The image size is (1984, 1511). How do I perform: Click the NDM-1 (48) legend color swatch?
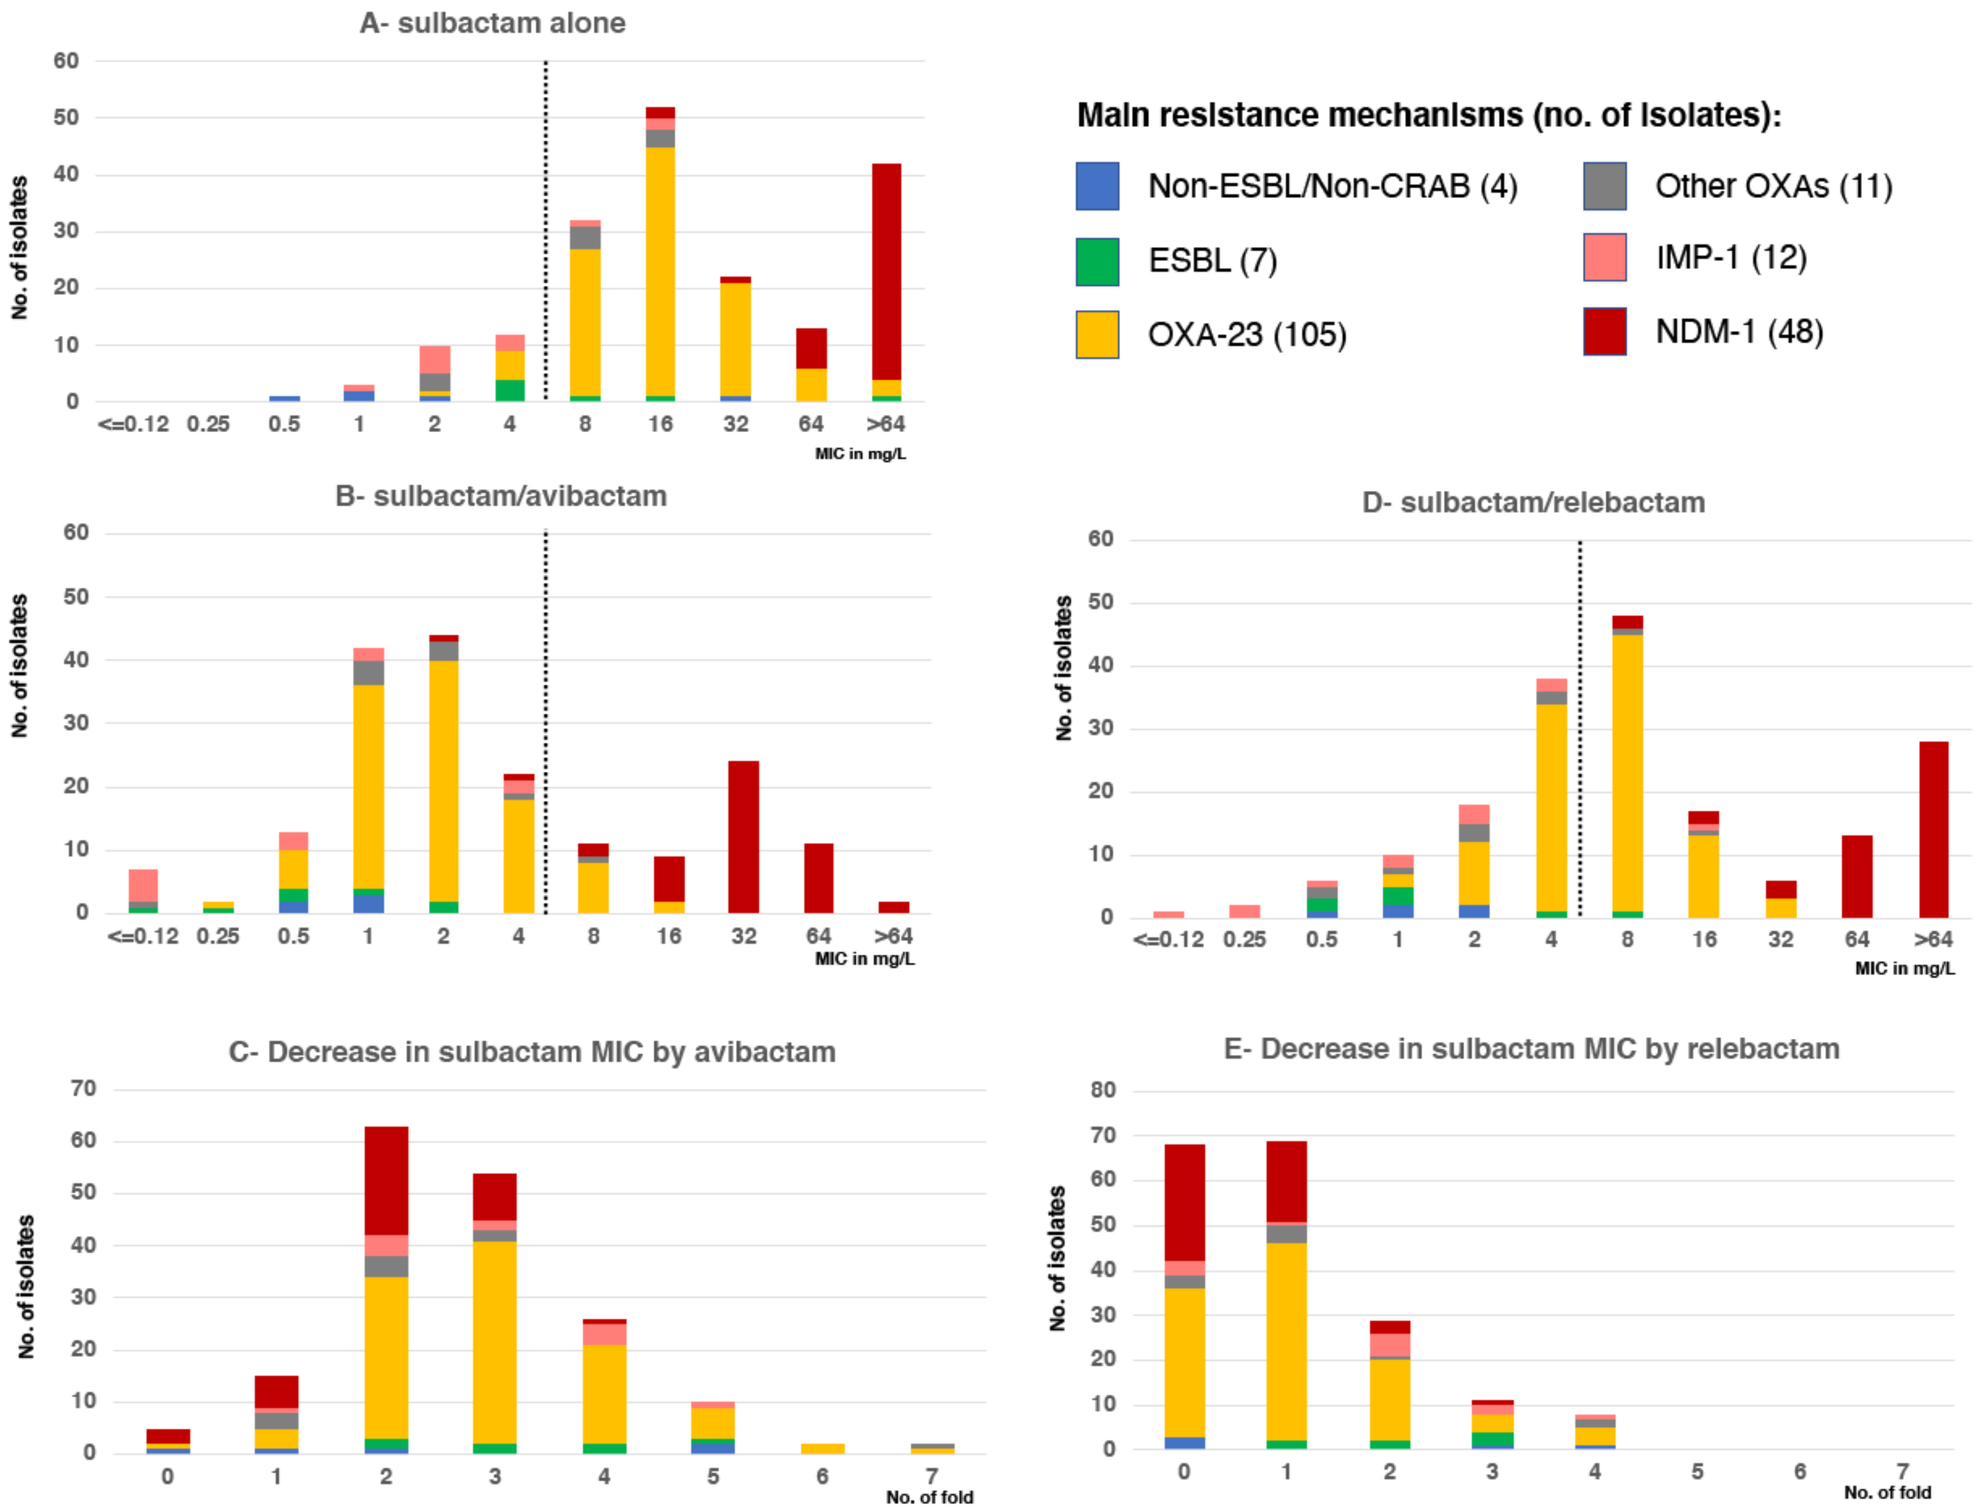[x=1604, y=332]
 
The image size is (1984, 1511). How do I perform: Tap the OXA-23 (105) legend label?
[x=1247, y=334]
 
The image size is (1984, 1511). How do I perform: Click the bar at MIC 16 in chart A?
[x=661, y=254]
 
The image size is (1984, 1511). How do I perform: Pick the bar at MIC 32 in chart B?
[x=743, y=837]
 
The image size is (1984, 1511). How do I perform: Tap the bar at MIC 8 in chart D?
[x=1627, y=766]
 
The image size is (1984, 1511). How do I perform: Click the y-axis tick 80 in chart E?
[x=1103, y=1090]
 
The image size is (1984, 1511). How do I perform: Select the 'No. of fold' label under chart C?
[x=929, y=1496]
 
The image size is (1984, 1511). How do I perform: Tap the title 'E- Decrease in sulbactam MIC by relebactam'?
[x=1531, y=1049]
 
